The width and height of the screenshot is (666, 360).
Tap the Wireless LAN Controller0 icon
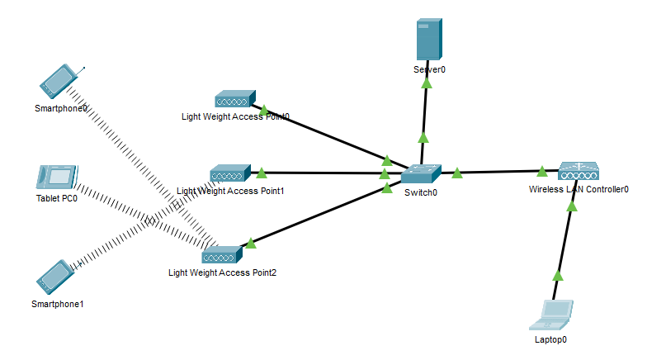pos(577,172)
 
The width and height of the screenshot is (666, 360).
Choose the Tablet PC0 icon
pos(57,178)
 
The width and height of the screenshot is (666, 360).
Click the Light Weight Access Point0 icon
pos(235,100)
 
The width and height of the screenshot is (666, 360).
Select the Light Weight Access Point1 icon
pos(229,174)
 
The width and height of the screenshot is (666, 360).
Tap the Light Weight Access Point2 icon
pos(220,254)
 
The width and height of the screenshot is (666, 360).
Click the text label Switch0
pos(421,192)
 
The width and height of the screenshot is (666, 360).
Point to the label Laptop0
pos(550,339)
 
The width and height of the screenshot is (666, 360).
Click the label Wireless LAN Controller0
pos(579,189)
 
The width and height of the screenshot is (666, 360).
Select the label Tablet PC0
pos(57,198)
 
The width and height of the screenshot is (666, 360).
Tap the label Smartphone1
pos(58,304)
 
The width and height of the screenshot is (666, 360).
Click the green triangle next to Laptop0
pos(557,275)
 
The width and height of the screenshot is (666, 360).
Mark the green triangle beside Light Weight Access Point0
pos(263,109)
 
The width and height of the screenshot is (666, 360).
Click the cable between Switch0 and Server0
pos(424,116)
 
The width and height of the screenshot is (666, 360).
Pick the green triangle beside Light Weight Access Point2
pos(249,243)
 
